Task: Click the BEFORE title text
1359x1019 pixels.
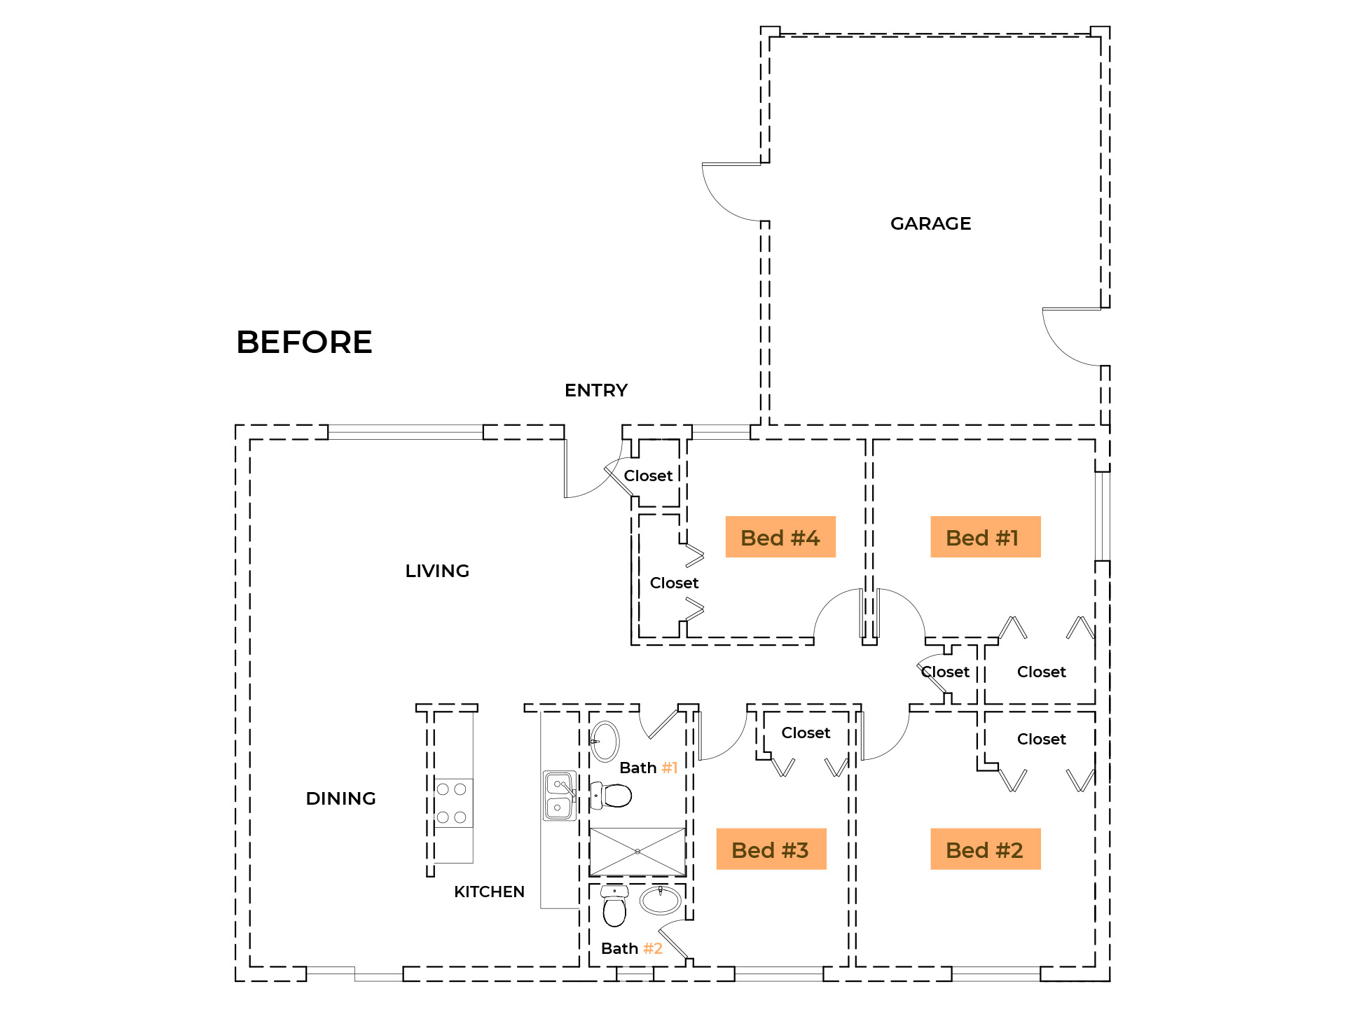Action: pos(304,342)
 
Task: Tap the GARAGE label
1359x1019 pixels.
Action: pos(930,223)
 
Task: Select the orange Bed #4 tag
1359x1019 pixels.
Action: pos(780,537)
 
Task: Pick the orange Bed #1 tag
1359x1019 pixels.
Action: pos(985,537)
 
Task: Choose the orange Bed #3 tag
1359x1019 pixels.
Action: pos(771,849)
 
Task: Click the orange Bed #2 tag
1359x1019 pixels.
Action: pos(985,849)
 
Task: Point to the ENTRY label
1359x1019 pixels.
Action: pos(596,390)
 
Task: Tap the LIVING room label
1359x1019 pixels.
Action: pos(437,571)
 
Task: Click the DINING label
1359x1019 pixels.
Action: pos(341,798)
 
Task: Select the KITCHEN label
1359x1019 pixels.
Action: pos(489,892)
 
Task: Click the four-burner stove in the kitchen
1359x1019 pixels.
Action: pos(452,803)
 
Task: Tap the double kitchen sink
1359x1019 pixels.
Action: pos(559,795)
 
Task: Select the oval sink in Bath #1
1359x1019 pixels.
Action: pos(605,741)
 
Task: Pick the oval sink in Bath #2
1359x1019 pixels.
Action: pos(661,900)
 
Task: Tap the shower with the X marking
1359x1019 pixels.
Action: pos(637,852)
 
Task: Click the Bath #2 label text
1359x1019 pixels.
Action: pos(631,948)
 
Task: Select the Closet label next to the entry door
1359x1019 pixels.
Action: pos(648,476)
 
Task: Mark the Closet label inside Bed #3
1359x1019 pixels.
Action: pos(806,733)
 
